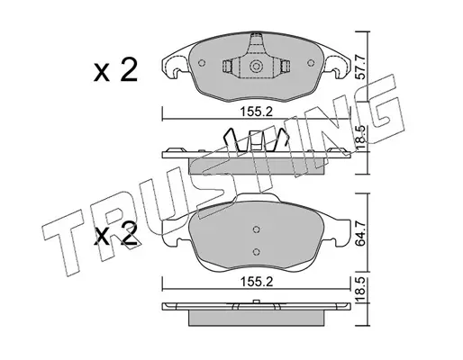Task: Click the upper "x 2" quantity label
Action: [x=115, y=70]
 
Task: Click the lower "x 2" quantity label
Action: [x=115, y=235]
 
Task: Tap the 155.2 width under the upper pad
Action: [x=256, y=112]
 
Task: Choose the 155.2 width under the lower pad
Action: [x=256, y=282]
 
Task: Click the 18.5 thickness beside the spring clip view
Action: [x=360, y=139]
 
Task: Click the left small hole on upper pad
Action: [x=202, y=63]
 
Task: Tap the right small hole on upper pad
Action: [x=311, y=63]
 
